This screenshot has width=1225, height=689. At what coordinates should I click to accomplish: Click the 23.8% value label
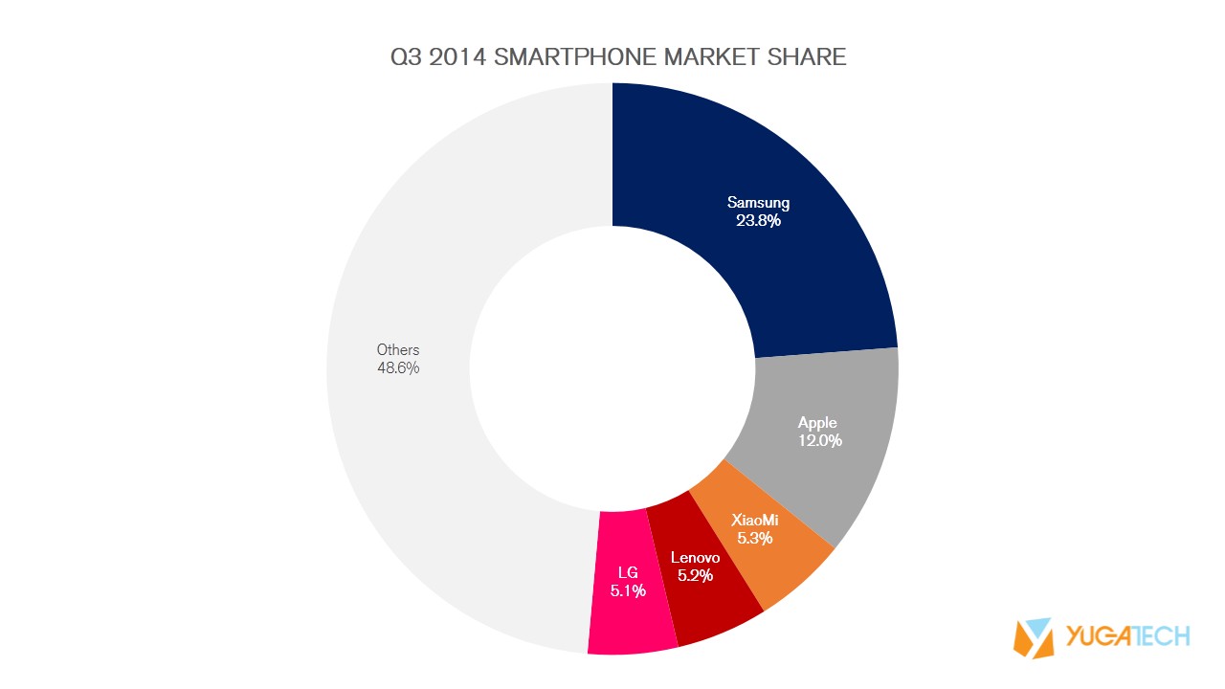click(x=758, y=220)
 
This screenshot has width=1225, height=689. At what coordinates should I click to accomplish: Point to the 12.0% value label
click(x=819, y=441)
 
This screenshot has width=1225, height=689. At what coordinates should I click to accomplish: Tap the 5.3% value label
click(x=754, y=538)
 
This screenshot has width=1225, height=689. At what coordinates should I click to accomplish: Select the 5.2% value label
click(x=695, y=575)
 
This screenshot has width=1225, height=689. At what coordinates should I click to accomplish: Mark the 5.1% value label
click(x=628, y=590)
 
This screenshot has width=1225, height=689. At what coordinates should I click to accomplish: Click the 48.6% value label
click(x=398, y=367)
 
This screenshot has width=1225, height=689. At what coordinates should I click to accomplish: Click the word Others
click(x=398, y=350)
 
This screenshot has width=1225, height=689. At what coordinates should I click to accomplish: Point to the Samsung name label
click(x=758, y=203)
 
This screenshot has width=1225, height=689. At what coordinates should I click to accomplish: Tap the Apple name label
click(x=817, y=423)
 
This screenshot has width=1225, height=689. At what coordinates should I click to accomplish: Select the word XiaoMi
click(x=755, y=521)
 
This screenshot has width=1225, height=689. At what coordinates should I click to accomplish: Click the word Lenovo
click(x=695, y=557)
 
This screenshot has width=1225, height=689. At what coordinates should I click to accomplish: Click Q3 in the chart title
click(x=406, y=56)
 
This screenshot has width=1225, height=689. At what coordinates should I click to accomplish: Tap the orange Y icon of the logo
click(x=1034, y=637)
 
